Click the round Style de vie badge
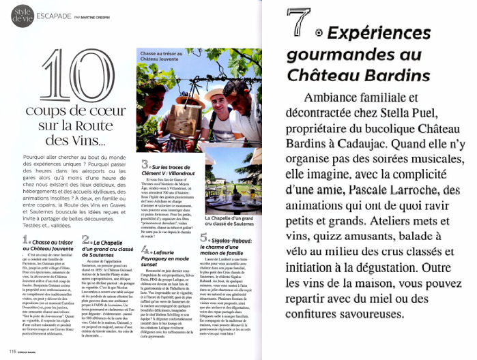[x=20, y=16]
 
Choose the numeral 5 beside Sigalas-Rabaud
[x=203, y=239]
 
